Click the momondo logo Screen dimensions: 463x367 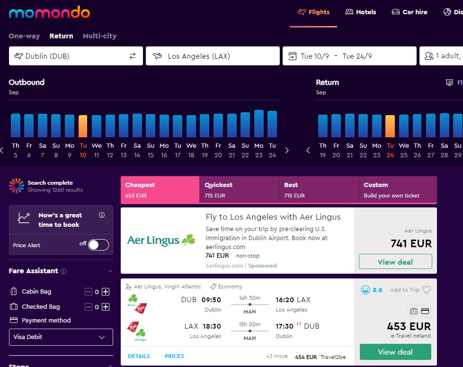[x=49, y=12]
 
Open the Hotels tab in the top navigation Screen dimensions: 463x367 [x=361, y=12]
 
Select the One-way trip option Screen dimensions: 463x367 [x=24, y=36]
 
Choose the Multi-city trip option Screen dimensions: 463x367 [x=99, y=36]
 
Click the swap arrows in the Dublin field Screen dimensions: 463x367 [x=133, y=56]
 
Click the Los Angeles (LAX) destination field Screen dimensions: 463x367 [x=213, y=56]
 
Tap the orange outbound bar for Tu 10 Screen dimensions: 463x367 [x=83, y=126]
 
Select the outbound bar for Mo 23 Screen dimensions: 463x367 [x=258, y=124]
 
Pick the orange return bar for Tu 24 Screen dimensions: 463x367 [x=390, y=126]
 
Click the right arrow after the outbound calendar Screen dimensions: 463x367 [x=287, y=150]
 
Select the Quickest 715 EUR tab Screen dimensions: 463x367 [x=239, y=189]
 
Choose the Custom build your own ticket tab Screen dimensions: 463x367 [x=398, y=189]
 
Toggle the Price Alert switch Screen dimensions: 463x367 [x=98, y=245]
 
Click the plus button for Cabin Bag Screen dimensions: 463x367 [x=106, y=292]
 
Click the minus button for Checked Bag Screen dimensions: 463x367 [x=89, y=307]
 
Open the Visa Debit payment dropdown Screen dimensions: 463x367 [x=61, y=337]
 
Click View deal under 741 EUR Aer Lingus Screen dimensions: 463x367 [x=395, y=261]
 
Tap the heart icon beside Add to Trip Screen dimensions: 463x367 [x=427, y=290]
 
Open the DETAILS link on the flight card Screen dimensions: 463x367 [x=139, y=356]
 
